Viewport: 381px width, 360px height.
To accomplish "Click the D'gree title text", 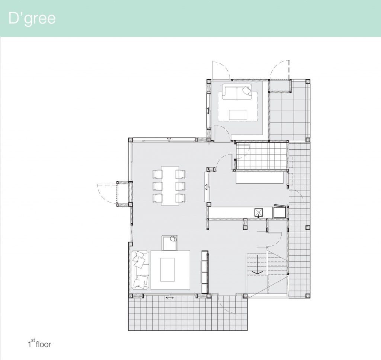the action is tap(32, 18).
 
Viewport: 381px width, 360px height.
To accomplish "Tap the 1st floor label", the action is tap(39, 344).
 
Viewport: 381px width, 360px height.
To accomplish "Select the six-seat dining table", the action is tap(170, 186).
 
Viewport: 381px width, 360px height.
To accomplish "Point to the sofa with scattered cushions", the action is tap(140, 270).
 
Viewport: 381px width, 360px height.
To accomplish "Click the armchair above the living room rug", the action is tap(170, 243).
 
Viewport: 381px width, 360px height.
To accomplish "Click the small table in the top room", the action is tap(238, 115).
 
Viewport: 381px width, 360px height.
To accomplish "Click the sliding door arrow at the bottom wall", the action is tap(169, 297).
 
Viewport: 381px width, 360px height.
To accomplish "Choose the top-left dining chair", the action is tap(157, 174).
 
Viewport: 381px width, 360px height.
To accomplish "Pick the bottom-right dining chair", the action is tap(180, 198).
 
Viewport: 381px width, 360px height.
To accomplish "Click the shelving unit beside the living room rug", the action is tap(205, 272).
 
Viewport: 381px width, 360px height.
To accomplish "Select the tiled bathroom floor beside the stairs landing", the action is tap(262, 155).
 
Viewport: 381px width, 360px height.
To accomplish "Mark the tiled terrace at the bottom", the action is tap(188, 313).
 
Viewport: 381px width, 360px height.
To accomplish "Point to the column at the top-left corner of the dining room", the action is tap(130, 140).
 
